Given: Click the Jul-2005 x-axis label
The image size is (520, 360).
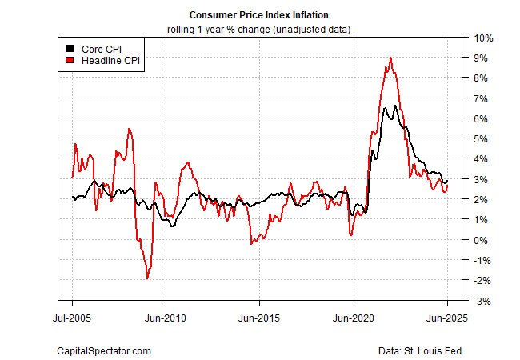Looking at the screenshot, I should click(72, 316).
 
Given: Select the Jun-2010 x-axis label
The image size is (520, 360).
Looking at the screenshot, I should click(166, 316).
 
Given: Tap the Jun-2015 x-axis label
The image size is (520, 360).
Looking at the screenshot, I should click(259, 316).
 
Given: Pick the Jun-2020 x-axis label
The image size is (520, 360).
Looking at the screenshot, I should click(354, 316).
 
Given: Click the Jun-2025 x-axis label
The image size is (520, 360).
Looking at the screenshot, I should click(447, 316).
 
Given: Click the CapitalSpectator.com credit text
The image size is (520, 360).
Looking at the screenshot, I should click(103, 350).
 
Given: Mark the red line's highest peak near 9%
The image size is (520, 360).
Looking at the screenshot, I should click(390, 58).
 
